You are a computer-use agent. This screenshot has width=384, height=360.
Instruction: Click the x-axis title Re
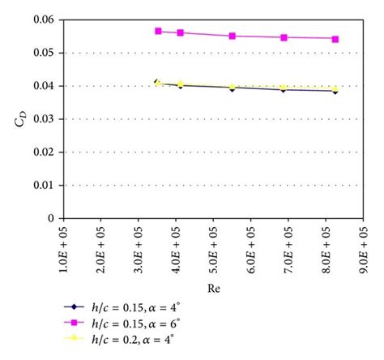point(212,286)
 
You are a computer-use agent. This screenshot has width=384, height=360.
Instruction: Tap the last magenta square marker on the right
point(335,38)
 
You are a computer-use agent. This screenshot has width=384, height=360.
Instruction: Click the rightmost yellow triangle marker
point(335,88)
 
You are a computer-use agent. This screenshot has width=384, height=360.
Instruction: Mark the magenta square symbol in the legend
point(75,325)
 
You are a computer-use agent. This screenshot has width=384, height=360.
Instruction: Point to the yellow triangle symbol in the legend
point(75,341)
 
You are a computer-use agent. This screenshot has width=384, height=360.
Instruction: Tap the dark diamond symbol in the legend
point(75,309)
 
